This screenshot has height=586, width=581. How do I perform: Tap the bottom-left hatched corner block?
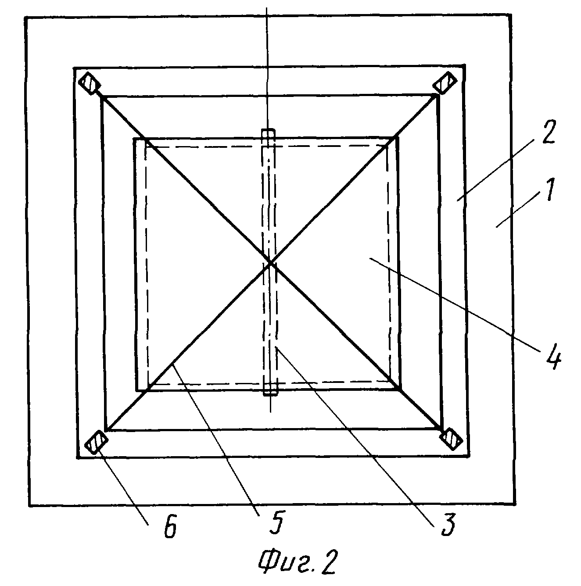tap(96, 442)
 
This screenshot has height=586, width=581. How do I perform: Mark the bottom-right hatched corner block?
tap(452, 439)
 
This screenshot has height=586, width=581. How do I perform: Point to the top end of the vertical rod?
tap(268, 133)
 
